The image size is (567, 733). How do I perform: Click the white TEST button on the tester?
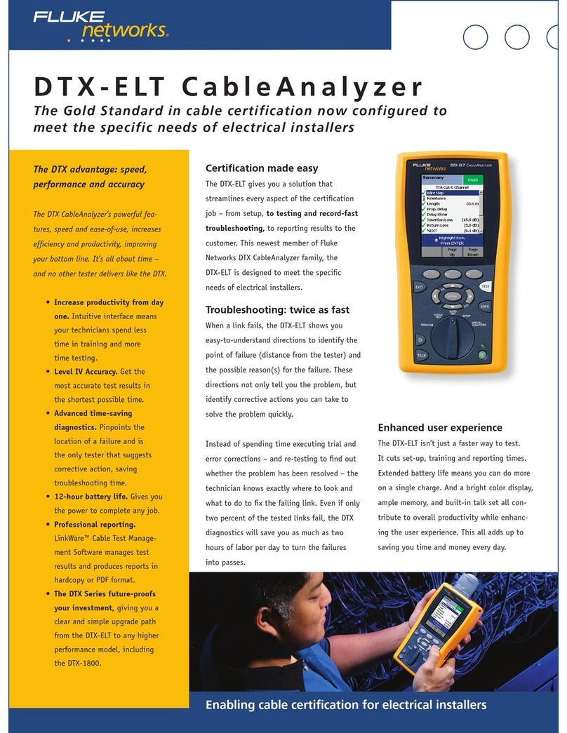[x=485, y=287]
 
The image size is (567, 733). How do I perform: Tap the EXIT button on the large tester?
[x=419, y=287]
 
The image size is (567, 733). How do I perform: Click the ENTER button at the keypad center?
[x=452, y=296]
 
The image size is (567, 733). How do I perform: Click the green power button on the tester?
[x=483, y=356]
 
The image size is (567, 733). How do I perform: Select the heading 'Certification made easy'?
[x=261, y=168]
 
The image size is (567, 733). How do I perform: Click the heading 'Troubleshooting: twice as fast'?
[x=276, y=310]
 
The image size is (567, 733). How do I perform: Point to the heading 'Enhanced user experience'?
[x=440, y=427]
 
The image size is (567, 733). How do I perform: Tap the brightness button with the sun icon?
[x=421, y=339]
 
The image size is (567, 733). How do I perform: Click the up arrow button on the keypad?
[x=452, y=285]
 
